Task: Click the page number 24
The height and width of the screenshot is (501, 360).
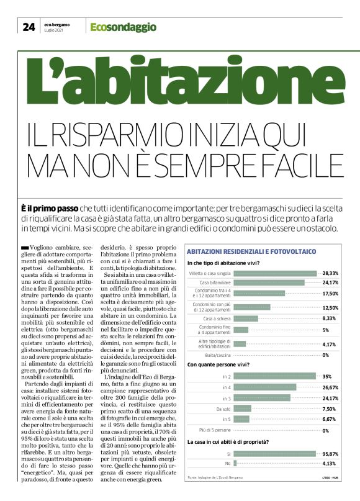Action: pyautogui.click(x=29, y=27)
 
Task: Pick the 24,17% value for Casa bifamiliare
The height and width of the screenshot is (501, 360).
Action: pyautogui.click(x=330, y=282)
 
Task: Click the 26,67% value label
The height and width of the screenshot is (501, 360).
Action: pyautogui.click(x=330, y=387)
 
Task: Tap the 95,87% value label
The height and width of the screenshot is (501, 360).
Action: pyautogui.click(x=330, y=454)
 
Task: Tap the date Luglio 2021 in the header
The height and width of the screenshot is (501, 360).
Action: pyautogui.click(x=54, y=30)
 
